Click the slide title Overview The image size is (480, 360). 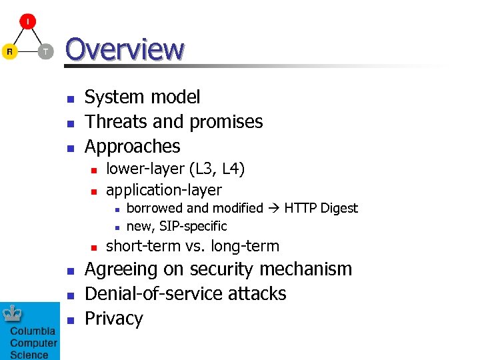[125, 49]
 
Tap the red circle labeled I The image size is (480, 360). [27, 21]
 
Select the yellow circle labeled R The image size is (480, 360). [10, 51]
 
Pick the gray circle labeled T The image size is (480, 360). [45, 51]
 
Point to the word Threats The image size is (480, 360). [117, 122]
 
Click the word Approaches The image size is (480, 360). [133, 147]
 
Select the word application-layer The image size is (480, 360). [164, 191]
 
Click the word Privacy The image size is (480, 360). [114, 319]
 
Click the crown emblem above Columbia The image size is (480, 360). [13, 313]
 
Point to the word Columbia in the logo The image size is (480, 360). [33, 332]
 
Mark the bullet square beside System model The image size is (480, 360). [69, 98]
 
